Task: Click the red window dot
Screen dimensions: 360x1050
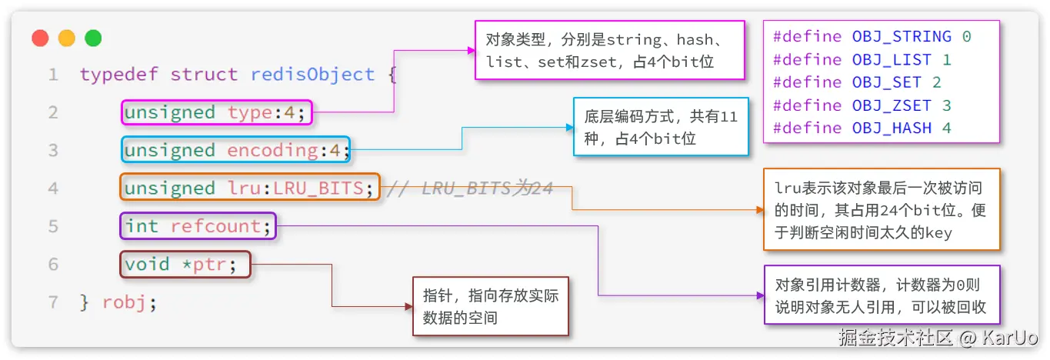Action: point(41,38)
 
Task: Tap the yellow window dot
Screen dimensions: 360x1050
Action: point(67,38)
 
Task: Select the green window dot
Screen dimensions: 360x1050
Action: point(93,38)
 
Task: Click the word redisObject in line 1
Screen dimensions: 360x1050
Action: point(312,75)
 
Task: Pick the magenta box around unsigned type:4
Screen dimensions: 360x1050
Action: point(217,113)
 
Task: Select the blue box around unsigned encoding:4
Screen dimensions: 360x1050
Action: point(235,150)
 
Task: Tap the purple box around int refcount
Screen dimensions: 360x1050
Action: point(198,226)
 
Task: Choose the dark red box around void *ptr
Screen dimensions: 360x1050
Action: point(185,265)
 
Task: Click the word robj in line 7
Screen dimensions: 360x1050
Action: point(125,302)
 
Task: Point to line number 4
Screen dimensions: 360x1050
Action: point(52,188)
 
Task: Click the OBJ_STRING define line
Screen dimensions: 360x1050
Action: point(872,37)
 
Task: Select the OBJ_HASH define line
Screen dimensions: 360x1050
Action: point(862,128)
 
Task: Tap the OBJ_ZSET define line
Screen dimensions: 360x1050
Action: point(862,105)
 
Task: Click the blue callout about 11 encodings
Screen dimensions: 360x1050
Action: point(660,128)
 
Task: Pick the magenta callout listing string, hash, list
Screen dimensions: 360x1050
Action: point(610,50)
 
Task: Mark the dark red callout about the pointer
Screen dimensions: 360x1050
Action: point(490,306)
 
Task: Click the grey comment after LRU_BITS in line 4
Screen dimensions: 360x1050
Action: point(469,188)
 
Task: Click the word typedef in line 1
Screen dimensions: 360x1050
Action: point(120,75)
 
